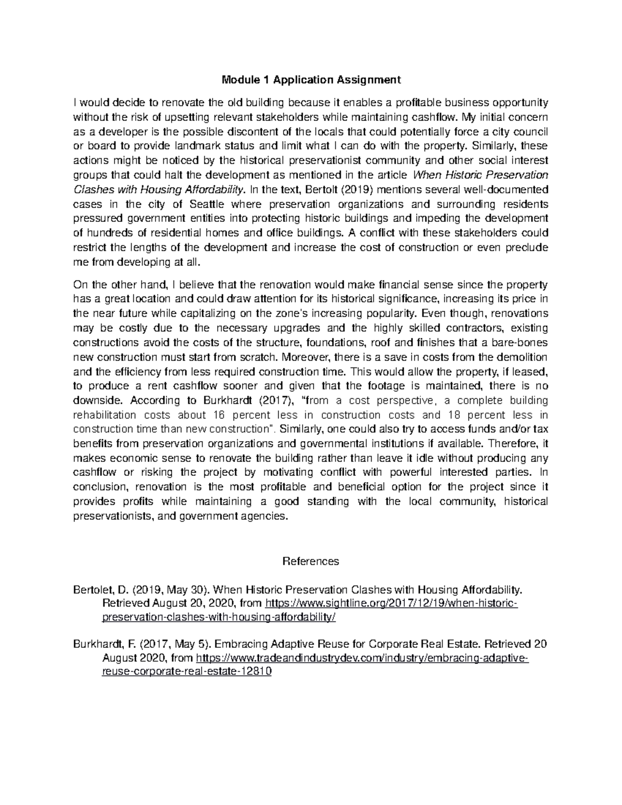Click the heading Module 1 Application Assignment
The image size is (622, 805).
point(311,80)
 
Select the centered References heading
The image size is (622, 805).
point(311,561)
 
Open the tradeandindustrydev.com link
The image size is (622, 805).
point(363,658)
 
